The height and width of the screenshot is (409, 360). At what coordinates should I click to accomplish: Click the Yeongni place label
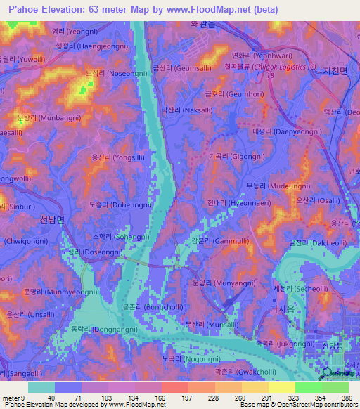tap(73, 32)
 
